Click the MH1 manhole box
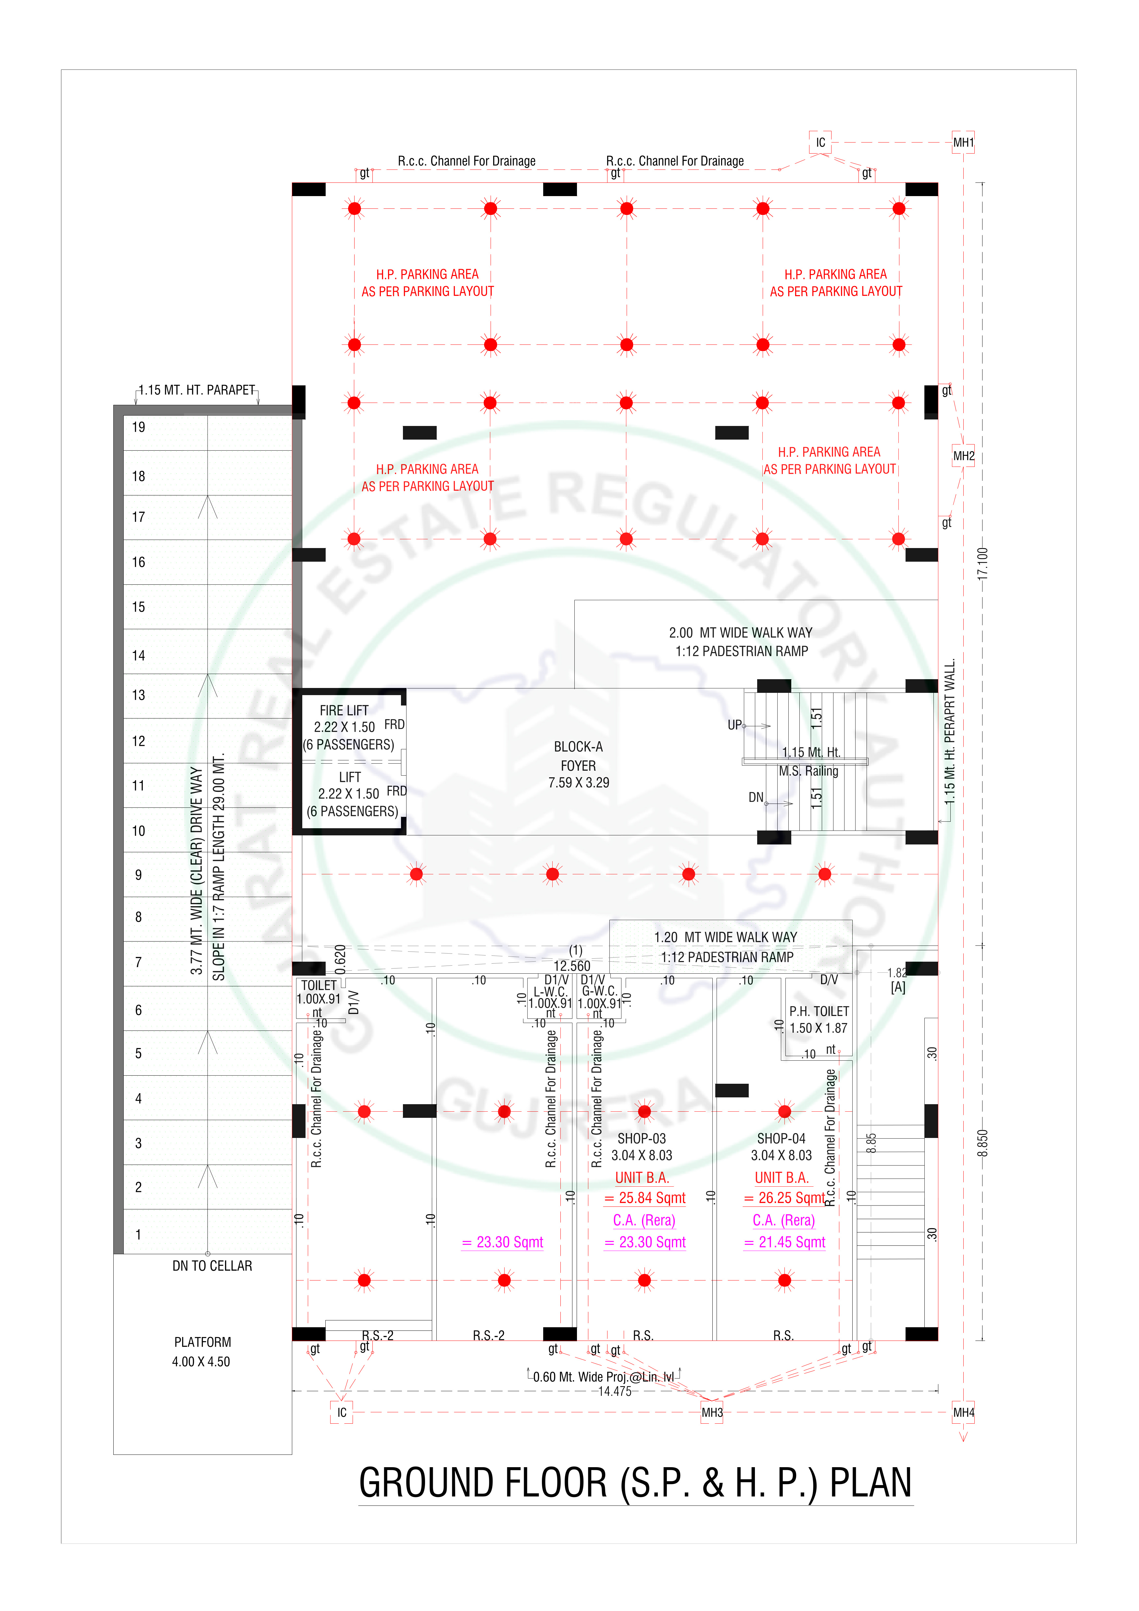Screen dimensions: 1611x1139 [963, 143]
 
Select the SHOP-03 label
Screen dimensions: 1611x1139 [642, 1138]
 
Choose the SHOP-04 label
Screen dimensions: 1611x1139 [781, 1138]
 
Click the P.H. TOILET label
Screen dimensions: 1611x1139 [819, 1011]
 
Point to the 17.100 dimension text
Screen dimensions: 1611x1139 [983, 563]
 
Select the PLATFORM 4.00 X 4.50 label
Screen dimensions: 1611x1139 [202, 1351]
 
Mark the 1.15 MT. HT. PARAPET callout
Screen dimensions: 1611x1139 [196, 390]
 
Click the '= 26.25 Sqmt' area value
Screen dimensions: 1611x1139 [784, 1198]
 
